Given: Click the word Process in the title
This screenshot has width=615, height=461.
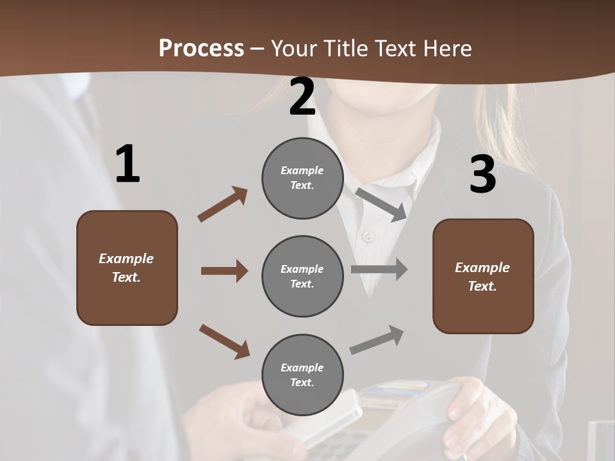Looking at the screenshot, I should (201, 49).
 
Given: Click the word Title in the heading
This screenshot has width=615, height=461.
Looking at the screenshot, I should (346, 49).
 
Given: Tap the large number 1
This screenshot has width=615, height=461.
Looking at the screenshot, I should (127, 164).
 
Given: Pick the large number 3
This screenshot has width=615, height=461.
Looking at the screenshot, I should (482, 174).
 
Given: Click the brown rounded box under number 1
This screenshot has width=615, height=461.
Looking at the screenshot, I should (127, 268).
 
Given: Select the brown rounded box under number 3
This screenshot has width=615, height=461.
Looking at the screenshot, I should (483, 276).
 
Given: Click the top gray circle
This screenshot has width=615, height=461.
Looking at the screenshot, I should (302, 178).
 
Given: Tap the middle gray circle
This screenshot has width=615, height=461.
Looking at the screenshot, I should (302, 276).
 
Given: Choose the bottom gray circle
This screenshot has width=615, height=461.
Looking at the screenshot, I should (302, 375).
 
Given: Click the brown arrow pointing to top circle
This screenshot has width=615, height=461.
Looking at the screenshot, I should (222, 204).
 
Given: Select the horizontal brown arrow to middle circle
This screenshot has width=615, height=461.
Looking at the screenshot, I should (224, 271).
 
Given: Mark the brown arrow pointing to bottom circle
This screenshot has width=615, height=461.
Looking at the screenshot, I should (224, 341).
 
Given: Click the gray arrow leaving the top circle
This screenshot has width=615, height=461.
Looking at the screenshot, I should (382, 204).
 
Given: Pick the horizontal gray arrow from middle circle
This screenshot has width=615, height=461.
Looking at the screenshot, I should (379, 269).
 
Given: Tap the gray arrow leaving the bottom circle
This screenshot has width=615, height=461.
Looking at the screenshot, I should (377, 340).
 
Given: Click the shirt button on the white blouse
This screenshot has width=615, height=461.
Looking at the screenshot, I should (367, 237).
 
